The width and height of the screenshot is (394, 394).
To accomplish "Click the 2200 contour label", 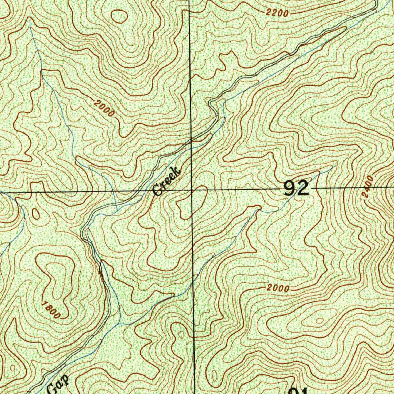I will pos(277,13).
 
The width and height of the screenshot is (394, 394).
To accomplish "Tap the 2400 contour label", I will pos(368,186).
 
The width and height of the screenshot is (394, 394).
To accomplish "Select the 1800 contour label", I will pos(52,311).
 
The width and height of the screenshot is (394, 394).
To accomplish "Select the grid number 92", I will pos(296,189).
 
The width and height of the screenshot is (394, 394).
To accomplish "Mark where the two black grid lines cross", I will pos(192,190).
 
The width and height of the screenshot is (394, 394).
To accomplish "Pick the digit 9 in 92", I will pos(290,189).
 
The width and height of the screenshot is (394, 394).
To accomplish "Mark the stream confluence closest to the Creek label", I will pos(117,210).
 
